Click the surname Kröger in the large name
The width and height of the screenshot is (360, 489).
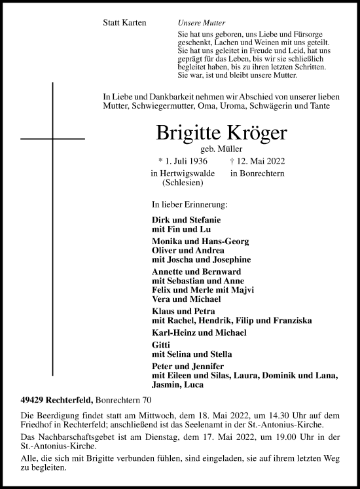click(251, 133)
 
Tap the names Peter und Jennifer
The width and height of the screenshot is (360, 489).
click(179, 365)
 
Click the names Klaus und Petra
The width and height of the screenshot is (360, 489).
click(175, 310)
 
